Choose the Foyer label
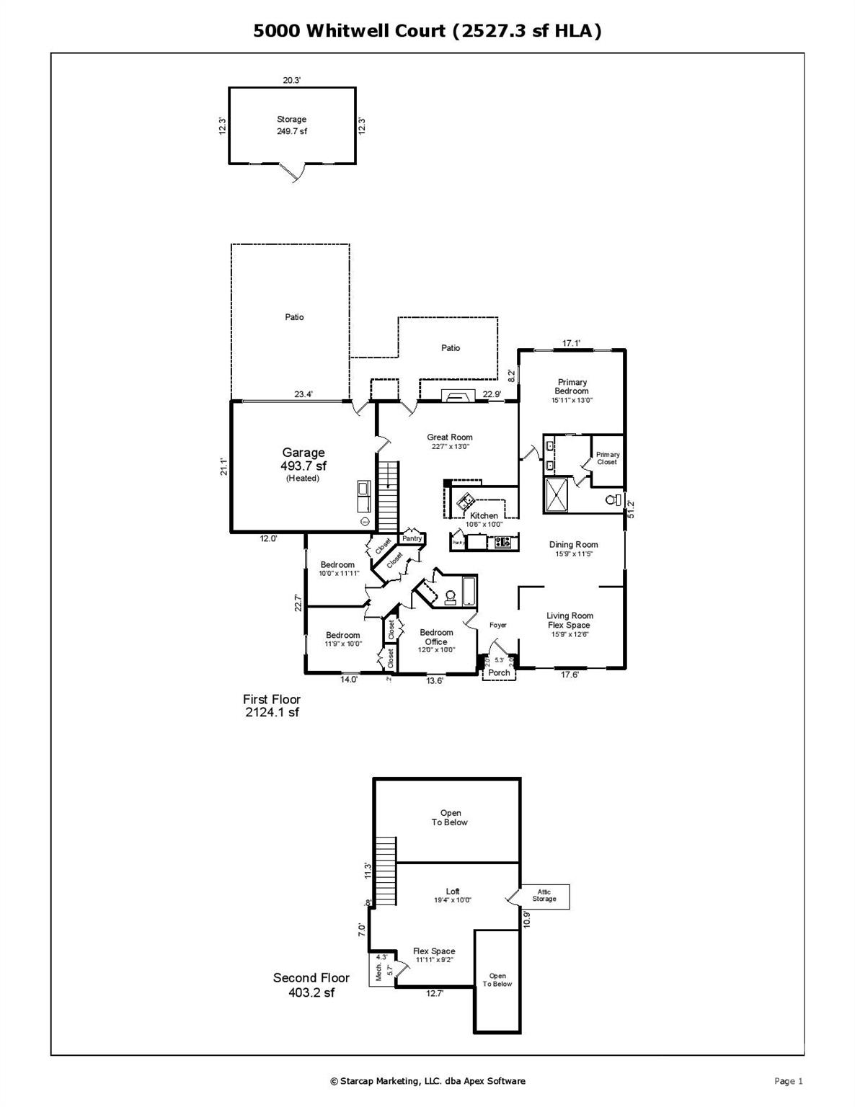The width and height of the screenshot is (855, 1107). tap(497, 625)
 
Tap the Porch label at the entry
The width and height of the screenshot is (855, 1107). tap(499, 672)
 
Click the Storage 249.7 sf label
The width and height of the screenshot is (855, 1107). tap(292, 125)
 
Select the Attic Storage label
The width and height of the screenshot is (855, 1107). tap(544, 896)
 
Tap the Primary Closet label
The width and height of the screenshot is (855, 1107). tap(607, 458)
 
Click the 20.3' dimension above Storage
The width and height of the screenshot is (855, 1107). tap(291, 81)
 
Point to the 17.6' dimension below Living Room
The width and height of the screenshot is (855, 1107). tap(570, 675)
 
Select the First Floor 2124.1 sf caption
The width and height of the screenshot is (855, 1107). tap(271, 706)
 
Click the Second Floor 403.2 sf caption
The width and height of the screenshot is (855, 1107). tap(311, 984)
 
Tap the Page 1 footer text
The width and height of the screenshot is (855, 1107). tap(788, 1080)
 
